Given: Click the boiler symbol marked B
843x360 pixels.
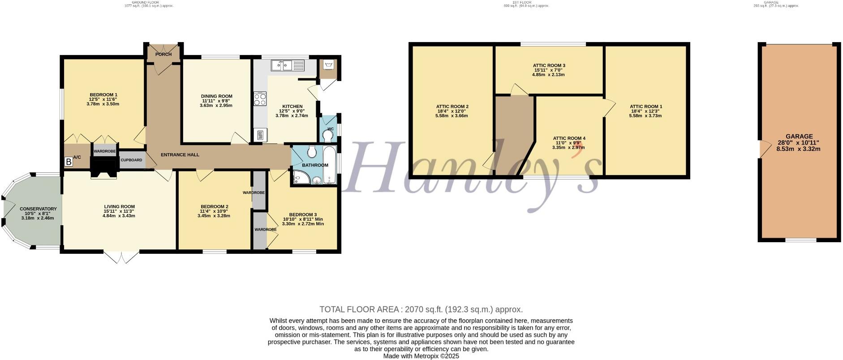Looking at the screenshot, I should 69,162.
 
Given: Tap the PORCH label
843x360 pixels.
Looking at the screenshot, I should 163,55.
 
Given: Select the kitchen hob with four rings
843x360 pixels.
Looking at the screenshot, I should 260,99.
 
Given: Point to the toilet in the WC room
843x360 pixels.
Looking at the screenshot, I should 330,135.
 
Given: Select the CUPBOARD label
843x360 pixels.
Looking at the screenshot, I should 131,160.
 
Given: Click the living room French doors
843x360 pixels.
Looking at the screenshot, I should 121,257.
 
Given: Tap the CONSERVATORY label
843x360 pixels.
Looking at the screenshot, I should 38,209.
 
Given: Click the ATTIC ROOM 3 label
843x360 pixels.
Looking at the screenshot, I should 549,65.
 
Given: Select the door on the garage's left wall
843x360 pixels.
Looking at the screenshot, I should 760,149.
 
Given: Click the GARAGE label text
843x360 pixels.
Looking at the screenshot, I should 799,137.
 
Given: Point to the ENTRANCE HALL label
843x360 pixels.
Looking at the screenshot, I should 180,155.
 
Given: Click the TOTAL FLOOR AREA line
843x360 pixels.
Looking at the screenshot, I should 421,309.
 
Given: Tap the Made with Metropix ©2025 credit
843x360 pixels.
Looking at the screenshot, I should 421,356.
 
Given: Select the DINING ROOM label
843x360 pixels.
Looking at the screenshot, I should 216,96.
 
